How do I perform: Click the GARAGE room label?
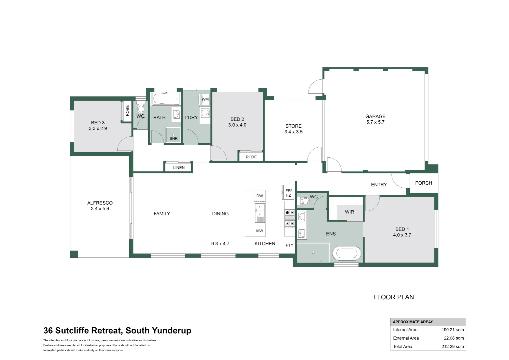click(x=375, y=116)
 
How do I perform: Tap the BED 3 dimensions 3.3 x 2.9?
click(x=98, y=128)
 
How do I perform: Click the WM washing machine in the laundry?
click(x=205, y=99)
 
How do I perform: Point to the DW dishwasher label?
click(x=259, y=196)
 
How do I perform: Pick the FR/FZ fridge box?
click(x=288, y=193)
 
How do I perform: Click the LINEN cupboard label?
click(x=179, y=168)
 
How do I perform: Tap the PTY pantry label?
click(x=289, y=245)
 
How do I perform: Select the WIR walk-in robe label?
click(x=349, y=212)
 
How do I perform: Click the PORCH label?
click(x=423, y=183)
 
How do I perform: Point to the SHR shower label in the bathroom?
click(x=174, y=139)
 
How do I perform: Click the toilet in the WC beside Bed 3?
click(x=141, y=108)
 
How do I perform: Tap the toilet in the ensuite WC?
click(x=304, y=201)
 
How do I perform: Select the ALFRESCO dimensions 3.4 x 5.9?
click(x=100, y=209)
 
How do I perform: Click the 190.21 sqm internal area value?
click(x=453, y=330)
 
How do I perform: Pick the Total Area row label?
click(x=402, y=346)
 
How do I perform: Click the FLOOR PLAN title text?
click(x=393, y=297)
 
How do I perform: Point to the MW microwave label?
click(x=259, y=231)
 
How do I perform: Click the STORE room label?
click(x=293, y=126)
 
